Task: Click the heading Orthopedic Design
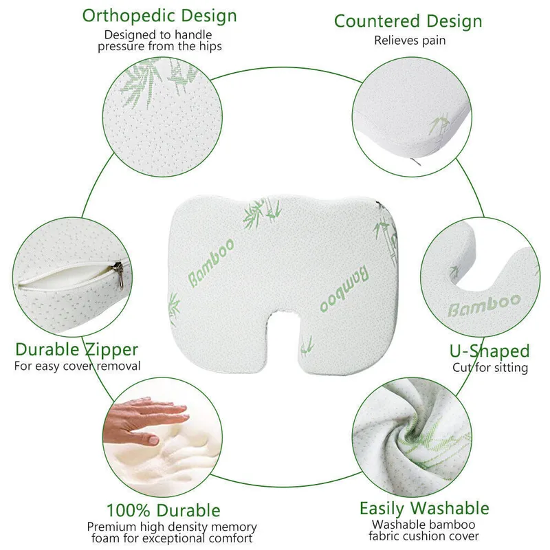click(159, 16)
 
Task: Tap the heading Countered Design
click(408, 21)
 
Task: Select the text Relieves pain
click(410, 41)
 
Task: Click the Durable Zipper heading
click(77, 350)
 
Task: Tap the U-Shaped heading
click(489, 351)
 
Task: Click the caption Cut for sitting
click(490, 368)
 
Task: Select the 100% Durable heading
click(164, 510)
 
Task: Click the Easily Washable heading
click(424, 509)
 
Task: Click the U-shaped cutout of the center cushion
click(284, 333)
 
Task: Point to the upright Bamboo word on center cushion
click(211, 263)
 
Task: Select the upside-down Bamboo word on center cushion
click(344, 289)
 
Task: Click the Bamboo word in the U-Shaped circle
click(485, 306)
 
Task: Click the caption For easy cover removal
click(77, 366)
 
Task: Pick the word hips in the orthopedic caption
click(210, 46)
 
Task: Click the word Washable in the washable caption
click(399, 525)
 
